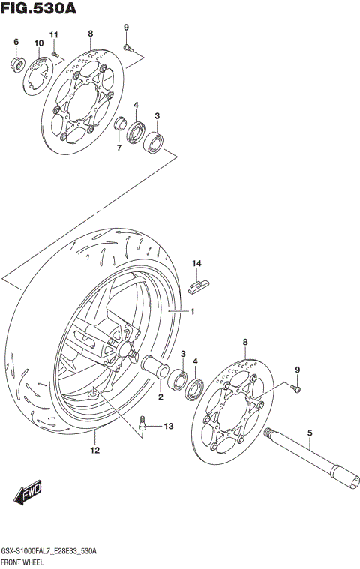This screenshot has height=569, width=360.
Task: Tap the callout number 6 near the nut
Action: [16, 43]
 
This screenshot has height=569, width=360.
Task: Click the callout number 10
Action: [38, 44]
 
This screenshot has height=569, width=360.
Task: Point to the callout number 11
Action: [53, 35]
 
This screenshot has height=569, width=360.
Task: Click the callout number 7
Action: [118, 148]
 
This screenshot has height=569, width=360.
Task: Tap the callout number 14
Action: [196, 263]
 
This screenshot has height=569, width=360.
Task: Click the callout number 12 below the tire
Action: [94, 451]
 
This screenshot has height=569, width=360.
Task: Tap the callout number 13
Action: [168, 426]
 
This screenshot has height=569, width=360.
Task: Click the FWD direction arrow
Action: [28, 495]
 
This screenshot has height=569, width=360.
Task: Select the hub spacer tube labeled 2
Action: [156, 369]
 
